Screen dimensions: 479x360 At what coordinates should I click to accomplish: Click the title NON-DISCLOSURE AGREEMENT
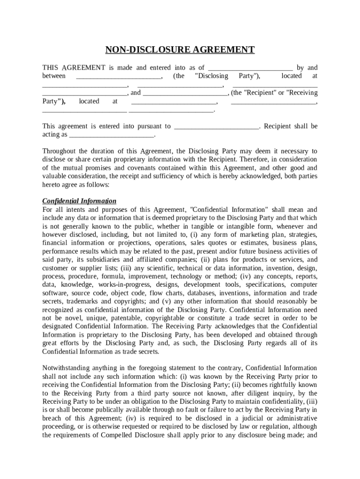click(x=180, y=50)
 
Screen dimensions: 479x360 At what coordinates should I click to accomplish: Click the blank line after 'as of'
click(x=250, y=68)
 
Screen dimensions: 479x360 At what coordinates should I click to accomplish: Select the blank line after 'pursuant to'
click(x=216, y=126)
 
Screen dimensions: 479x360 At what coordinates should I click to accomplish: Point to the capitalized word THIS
click(x=50, y=68)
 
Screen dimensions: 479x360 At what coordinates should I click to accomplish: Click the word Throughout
click(x=59, y=151)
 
